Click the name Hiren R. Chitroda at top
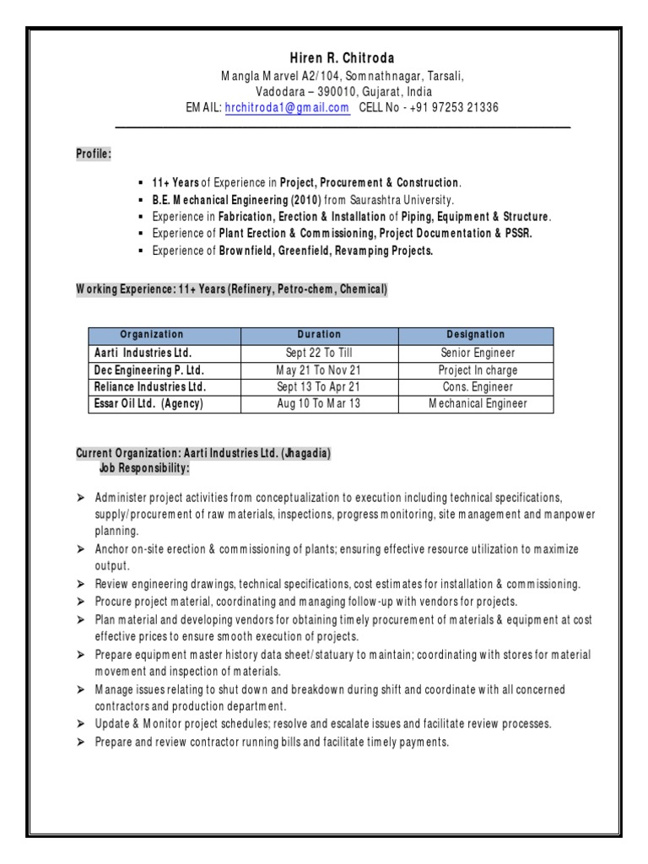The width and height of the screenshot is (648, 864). tap(324, 57)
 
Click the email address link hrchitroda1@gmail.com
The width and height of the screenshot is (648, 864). tap(287, 107)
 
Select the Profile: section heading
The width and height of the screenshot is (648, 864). tap(94, 154)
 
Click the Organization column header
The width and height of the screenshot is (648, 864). tap(151, 335)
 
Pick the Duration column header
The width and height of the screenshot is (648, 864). tap(319, 335)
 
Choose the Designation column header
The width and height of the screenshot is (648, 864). tap(476, 335)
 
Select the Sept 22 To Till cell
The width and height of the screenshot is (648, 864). tap(319, 353)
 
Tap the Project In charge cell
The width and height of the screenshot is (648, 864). tap(478, 370)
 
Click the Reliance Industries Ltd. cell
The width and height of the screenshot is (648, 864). tap(148, 386)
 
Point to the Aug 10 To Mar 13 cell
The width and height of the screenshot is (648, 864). tap(319, 403)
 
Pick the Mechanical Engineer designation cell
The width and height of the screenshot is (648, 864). tap(478, 403)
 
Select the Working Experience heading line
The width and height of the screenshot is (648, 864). tap(232, 289)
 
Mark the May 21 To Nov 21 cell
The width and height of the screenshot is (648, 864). tap(319, 370)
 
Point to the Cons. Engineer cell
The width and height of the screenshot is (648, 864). tap(478, 386)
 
